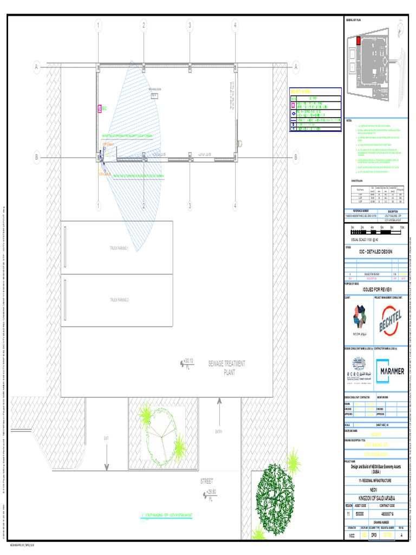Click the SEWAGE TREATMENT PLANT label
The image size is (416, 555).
(x=227, y=367)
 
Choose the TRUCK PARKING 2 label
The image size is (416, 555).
(x=119, y=300)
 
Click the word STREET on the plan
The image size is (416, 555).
(x=206, y=481)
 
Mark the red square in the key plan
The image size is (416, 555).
(x=358, y=40)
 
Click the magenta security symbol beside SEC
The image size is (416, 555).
(x=100, y=108)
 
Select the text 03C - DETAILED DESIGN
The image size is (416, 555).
(x=376, y=252)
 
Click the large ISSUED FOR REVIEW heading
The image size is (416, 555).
(x=376, y=290)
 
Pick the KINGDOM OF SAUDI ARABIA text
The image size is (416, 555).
(x=376, y=498)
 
